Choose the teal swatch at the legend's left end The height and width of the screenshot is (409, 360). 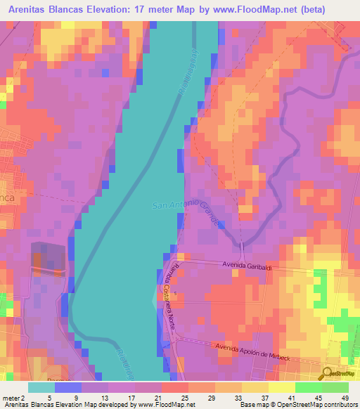coord(41,387)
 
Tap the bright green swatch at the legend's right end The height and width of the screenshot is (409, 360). coord(335,387)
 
